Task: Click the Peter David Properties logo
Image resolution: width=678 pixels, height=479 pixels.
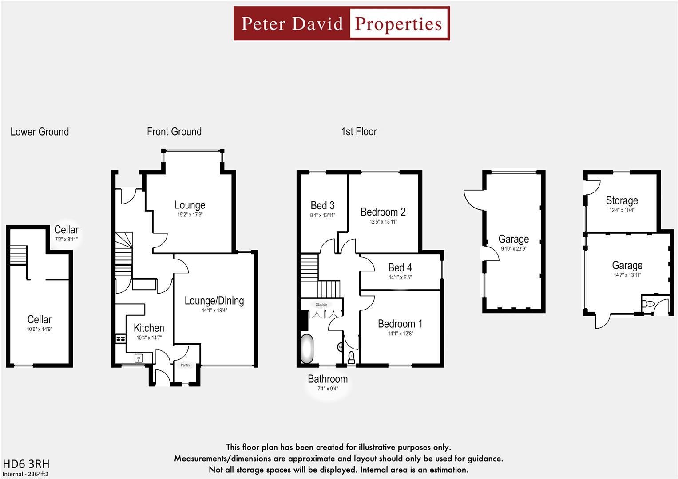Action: point(341,24)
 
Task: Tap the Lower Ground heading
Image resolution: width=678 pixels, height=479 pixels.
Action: point(40,132)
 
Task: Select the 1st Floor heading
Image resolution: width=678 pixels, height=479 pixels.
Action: point(359,132)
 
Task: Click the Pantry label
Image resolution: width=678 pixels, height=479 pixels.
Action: point(185,365)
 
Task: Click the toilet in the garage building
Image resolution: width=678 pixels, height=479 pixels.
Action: point(648,304)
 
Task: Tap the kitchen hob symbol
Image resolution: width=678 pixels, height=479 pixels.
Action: point(120,339)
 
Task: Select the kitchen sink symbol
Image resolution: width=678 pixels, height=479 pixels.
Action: point(139,357)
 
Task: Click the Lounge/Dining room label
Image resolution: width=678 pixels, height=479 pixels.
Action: point(214,301)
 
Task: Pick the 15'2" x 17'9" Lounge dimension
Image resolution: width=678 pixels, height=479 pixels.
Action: point(190,215)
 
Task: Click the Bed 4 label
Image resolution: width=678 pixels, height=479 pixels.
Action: point(400,268)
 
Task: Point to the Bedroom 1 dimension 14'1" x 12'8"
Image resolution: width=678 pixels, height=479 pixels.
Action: point(400,334)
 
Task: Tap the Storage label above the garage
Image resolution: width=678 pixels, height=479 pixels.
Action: point(622,200)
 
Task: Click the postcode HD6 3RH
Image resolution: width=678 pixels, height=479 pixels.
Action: point(26,464)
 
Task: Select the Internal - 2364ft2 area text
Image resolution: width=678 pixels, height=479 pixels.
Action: point(25,474)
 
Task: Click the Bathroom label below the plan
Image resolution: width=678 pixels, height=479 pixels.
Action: point(328,379)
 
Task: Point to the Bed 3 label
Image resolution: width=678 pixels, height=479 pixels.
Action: point(322,205)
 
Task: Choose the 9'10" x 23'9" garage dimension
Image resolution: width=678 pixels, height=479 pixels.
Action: point(513,249)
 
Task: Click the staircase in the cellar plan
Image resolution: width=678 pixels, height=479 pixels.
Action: point(19,255)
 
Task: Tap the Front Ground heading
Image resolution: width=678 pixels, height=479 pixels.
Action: point(174,132)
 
